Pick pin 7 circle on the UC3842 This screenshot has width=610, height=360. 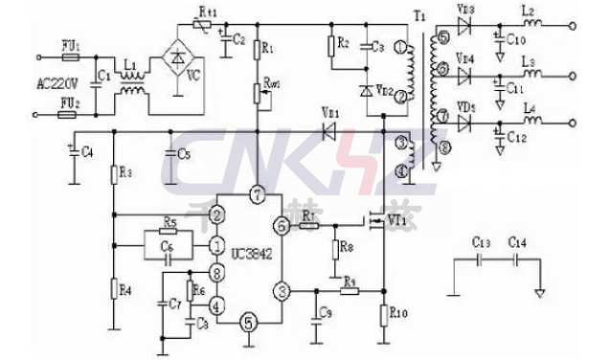pyautogui.click(x=256, y=195)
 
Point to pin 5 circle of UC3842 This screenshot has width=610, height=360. pyautogui.click(x=249, y=323)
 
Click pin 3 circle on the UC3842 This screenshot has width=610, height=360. pyautogui.click(x=281, y=290)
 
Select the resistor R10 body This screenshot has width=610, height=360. pyautogui.click(x=385, y=314)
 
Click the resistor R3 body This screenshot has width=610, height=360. pyautogui.click(x=113, y=173)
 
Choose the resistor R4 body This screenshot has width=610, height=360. pyautogui.click(x=113, y=286)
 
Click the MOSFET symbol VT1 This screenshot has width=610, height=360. pyautogui.click(x=377, y=223)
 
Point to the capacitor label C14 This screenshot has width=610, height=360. pyautogui.click(x=518, y=243)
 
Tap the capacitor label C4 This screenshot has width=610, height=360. pyautogui.click(x=87, y=153)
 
